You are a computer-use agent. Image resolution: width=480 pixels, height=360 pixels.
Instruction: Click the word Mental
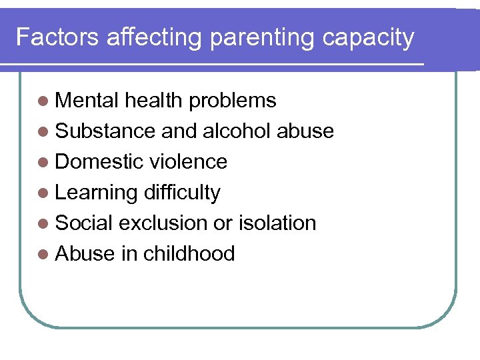click(x=87, y=100)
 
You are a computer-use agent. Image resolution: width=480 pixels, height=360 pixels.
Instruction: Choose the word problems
click(x=232, y=101)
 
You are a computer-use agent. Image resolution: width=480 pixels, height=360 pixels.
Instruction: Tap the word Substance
click(x=105, y=131)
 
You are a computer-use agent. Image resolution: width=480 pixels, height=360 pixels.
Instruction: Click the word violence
click(x=189, y=161)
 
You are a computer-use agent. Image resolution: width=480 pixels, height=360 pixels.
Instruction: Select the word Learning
click(x=96, y=193)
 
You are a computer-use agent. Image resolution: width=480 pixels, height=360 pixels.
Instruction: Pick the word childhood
click(x=189, y=253)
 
